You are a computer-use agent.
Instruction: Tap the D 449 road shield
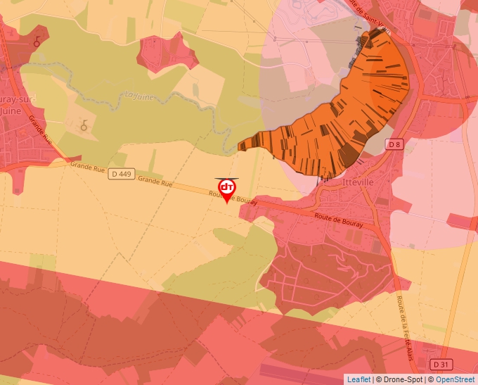coord(122,174)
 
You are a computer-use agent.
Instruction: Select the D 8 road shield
coord(394,144)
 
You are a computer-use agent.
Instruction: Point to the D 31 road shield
coord(441,364)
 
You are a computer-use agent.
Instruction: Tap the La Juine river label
coord(138,95)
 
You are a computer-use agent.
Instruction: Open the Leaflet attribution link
coord(358,379)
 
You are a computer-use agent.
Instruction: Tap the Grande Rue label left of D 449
coord(86,166)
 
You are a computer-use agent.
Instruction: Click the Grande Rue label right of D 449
coord(155,182)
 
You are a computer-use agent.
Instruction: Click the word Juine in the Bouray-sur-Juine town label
coord(10,111)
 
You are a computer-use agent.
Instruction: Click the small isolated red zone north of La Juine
coord(167,53)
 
